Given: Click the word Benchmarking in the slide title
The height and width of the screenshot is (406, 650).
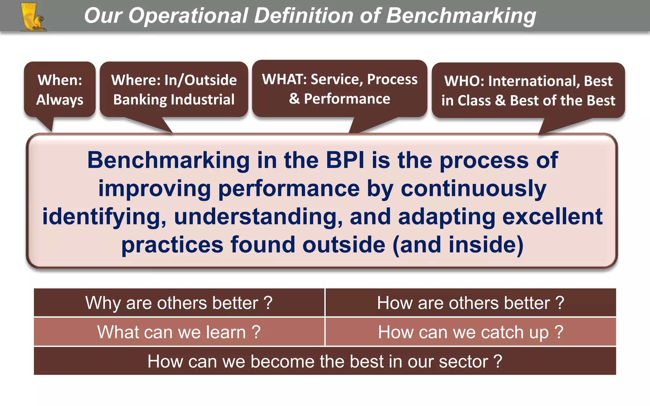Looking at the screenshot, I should (x=461, y=16).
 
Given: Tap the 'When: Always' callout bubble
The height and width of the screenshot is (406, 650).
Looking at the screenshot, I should (x=60, y=90).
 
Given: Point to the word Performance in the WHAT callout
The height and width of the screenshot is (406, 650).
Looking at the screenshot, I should (x=347, y=99).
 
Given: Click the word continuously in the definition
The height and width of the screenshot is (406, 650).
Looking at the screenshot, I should (x=473, y=188).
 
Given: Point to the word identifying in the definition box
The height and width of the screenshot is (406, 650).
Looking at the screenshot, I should (x=104, y=217).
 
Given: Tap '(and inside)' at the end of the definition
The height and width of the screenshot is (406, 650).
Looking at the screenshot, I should (x=458, y=245).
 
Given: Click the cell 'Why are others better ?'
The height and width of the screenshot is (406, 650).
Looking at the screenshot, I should (x=179, y=303).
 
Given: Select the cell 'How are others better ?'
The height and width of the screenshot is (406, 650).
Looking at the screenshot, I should (x=470, y=303).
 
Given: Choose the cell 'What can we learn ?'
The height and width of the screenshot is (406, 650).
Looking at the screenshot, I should (x=179, y=332).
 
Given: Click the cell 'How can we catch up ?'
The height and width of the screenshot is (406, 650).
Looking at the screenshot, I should (x=470, y=332).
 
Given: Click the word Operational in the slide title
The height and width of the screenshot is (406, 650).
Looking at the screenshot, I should (x=188, y=16).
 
